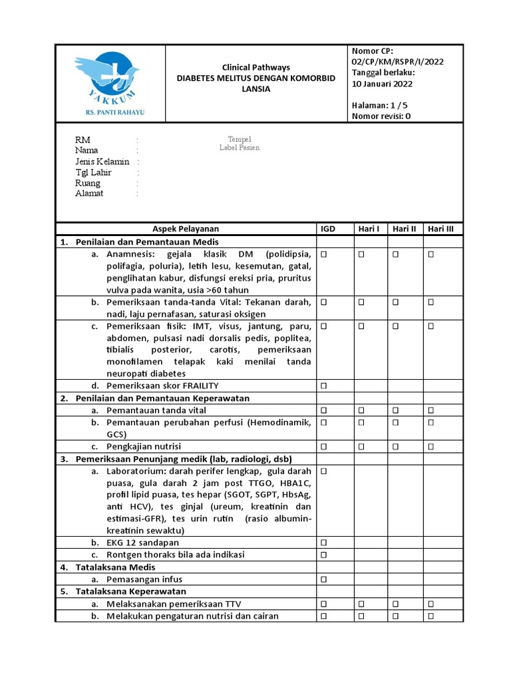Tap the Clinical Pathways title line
click(255, 68)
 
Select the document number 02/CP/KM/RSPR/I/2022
click(397, 62)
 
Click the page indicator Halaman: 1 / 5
click(379, 105)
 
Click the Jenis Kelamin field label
click(102, 162)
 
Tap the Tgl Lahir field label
click(93, 172)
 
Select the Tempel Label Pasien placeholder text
click(240, 143)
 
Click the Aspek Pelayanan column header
click(186, 229)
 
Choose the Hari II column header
click(404, 229)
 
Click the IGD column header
click(328, 229)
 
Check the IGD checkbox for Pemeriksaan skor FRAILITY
click(325, 386)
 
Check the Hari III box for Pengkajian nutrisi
click(430, 446)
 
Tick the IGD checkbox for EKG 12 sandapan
click(325, 543)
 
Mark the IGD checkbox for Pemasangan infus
click(325, 580)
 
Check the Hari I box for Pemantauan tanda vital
click(361, 410)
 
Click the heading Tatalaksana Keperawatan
click(130, 591)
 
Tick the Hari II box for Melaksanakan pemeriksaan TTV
click(395, 604)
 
